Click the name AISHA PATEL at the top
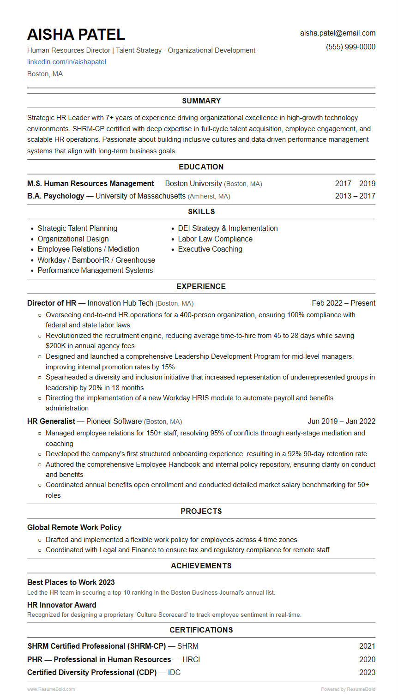[x=76, y=35]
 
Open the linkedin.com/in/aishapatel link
[x=66, y=62]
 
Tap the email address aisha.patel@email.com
[x=338, y=33]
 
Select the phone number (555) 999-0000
[x=350, y=47]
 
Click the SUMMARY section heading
[x=201, y=101]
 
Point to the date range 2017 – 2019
[x=355, y=183]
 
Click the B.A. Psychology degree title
[x=56, y=196]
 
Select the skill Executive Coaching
[x=210, y=249]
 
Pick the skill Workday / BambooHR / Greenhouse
[x=96, y=260]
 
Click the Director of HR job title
[x=52, y=303]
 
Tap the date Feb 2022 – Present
[x=344, y=303]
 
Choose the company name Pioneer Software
[x=114, y=422]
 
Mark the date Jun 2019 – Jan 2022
[x=341, y=422]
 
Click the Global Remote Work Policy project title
[x=74, y=527]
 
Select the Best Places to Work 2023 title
[x=71, y=582]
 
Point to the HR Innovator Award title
[x=62, y=605]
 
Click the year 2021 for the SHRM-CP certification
[x=367, y=646]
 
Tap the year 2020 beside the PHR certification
[x=367, y=659]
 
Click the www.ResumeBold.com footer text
[x=51, y=689]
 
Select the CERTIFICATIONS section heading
[x=201, y=630]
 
